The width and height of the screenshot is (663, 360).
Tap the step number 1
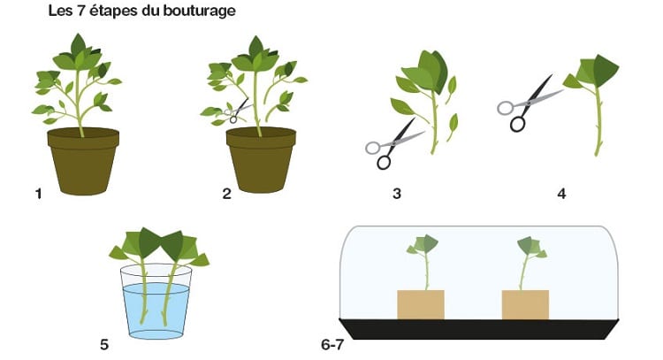click(39, 194)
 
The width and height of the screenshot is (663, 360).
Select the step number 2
click(227, 194)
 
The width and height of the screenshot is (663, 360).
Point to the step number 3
click(397, 194)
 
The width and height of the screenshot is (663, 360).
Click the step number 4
click(561, 194)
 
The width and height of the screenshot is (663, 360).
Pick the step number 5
click(104, 345)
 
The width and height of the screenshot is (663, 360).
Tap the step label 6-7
click(332, 345)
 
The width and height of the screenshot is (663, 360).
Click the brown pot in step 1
click(83, 161)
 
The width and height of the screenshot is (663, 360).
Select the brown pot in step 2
click(262, 160)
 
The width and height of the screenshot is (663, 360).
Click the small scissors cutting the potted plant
click(237, 111)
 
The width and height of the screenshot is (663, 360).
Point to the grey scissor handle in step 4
click(506, 108)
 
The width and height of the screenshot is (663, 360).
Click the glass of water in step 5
click(156, 302)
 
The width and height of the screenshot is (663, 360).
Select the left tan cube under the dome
click(421, 304)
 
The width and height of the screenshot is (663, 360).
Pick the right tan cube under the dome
click(525, 304)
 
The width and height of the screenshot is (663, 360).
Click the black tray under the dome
click(479, 329)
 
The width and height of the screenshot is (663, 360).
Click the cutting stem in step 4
click(598, 120)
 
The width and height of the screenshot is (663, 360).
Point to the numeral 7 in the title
click(80, 11)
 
